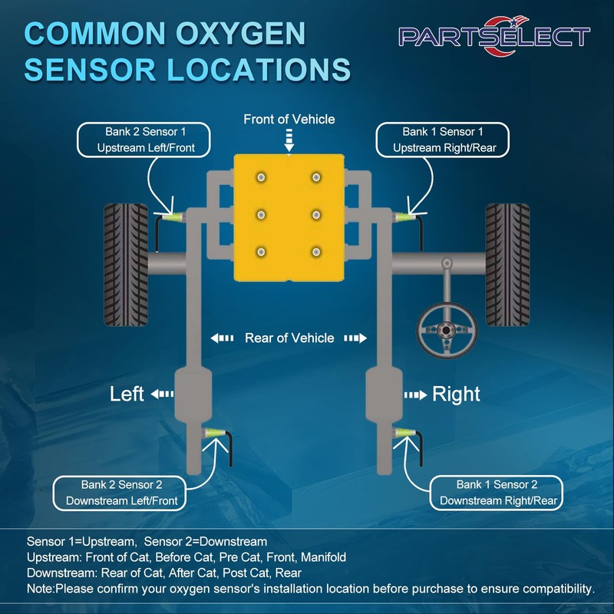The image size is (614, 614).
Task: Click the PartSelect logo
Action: pyautogui.click(x=494, y=36)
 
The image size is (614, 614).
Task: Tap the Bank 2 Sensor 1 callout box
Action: pyautogui.click(x=144, y=140)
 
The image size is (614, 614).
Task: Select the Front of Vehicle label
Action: pyautogui.click(x=289, y=119)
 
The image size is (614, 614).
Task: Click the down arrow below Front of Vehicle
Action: pyautogui.click(x=289, y=140)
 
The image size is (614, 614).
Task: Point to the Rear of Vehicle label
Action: pyautogui.click(x=289, y=338)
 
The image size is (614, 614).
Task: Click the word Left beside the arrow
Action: pyautogui.click(x=127, y=394)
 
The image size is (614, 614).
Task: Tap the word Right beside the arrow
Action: pyautogui.click(x=456, y=394)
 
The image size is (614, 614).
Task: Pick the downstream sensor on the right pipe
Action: pyautogui.click(x=403, y=436)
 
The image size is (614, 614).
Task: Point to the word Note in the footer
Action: pyautogui.click(x=40, y=589)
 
